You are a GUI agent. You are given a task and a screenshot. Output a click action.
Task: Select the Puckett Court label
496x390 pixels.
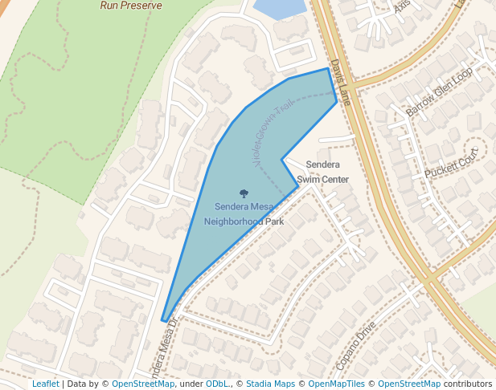pyautogui.click(x=452, y=163)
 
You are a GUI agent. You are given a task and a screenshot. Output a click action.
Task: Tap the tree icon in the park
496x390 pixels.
pyautogui.click(x=244, y=193)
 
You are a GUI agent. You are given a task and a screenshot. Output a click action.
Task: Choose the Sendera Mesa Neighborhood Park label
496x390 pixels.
pyautogui.click(x=244, y=213)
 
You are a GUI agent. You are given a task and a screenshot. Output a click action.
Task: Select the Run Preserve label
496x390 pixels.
pyautogui.click(x=131, y=5)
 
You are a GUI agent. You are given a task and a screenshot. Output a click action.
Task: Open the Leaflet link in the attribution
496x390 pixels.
pyautogui.click(x=45, y=384)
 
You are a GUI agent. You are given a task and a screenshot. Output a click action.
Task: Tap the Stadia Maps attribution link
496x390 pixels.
pyautogui.click(x=270, y=384)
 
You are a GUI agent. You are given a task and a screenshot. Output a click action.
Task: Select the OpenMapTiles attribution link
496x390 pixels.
pyautogui.click(x=337, y=384)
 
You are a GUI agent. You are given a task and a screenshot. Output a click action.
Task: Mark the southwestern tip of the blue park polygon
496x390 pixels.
pyautogui.click(x=164, y=321)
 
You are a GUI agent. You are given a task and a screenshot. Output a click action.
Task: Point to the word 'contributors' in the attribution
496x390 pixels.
pyautogui.click(x=468, y=384)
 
